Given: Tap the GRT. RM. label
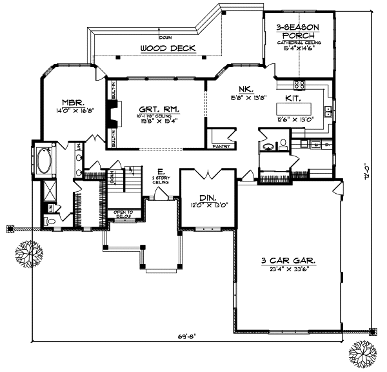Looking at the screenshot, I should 159,108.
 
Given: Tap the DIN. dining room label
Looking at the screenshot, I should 207,198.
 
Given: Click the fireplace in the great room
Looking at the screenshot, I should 112,118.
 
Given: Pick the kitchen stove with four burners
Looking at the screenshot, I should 300,84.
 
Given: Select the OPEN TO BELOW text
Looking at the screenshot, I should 123,214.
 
